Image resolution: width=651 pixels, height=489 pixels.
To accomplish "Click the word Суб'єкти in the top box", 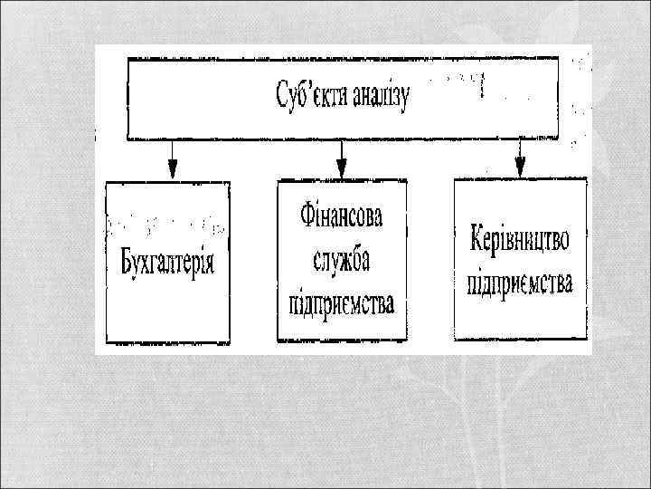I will pyautogui.click(x=307, y=94).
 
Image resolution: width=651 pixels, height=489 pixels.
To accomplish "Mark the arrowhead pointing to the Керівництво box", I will pyautogui.click(x=520, y=167).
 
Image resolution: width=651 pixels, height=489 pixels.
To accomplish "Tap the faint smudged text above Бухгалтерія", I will pyautogui.click(x=167, y=222).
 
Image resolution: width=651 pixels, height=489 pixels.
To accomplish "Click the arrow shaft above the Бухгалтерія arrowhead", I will pyautogui.click(x=173, y=149).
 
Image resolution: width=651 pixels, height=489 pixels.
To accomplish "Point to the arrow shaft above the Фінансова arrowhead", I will pyautogui.click(x=342, y=149).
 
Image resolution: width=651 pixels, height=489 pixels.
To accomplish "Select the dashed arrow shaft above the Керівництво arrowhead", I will pyautogui.click(x=520, y=149).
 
